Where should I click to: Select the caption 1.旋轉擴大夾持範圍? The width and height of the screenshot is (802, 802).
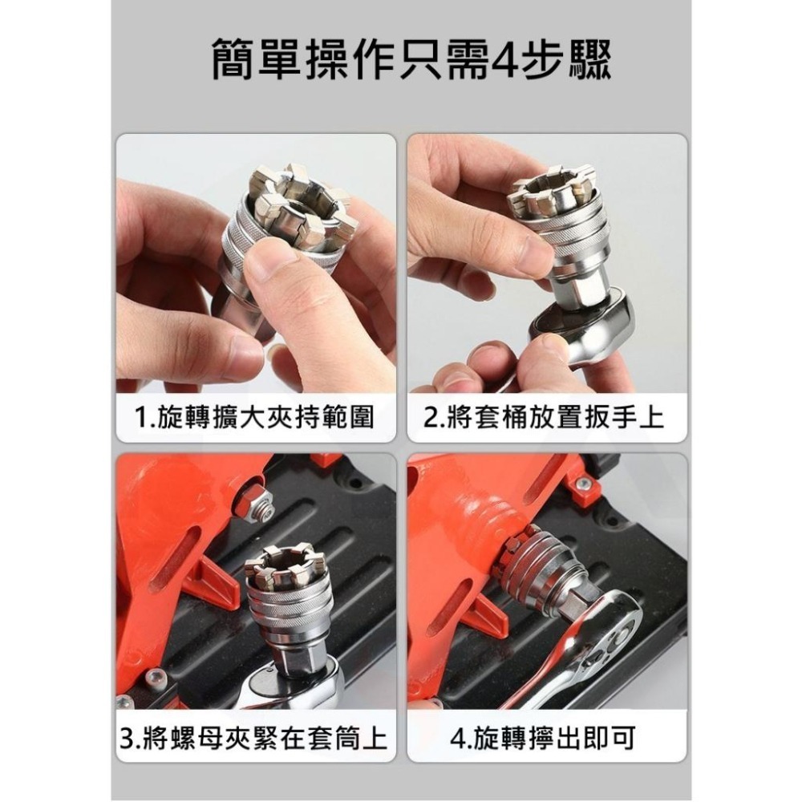click(255, 417)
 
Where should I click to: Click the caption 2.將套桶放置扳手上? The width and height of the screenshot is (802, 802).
click(545, 417)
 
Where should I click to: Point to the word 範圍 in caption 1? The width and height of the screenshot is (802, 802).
click(354, 417)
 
